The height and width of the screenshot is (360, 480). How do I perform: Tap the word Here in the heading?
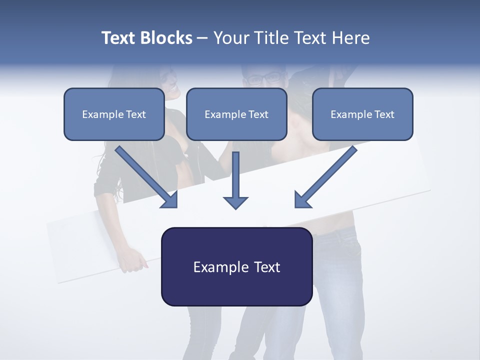point(349,38)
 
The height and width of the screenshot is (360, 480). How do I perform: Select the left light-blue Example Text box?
point(114,114)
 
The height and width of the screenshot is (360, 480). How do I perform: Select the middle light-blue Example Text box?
point(236,114)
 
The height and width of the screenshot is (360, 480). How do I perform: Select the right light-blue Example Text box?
point(362,114)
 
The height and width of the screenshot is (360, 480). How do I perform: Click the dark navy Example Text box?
point(236,267)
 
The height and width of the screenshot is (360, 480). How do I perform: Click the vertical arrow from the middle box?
point(235,180)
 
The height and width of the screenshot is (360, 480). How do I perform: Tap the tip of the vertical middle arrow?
point(235,207)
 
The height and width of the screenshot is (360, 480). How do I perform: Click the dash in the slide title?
point(202,38)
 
